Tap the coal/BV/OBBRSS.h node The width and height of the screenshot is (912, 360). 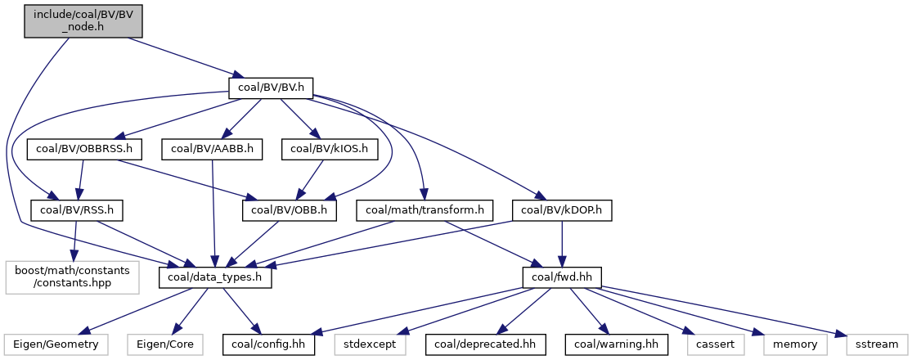(84, 149)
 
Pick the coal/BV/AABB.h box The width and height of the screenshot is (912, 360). (213, 149)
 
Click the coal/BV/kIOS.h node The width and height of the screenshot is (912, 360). (330, 149)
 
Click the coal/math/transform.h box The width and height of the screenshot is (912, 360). (425, 210)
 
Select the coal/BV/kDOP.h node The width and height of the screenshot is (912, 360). (562, 210)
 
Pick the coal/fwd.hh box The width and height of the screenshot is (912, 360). (562, 277)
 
